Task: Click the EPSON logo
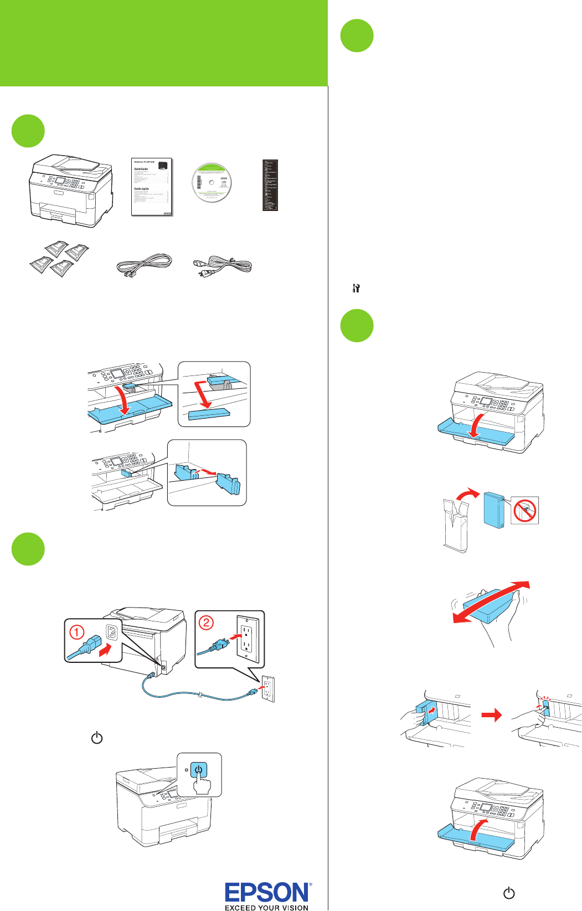pyautogui.click(x=267, y=892)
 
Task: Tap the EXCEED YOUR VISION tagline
pyautogui.click(x=266, y=907)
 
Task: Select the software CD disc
pyautogui.click(x=212, y=183)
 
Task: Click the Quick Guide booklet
pyautogui.click(x=152, y=187)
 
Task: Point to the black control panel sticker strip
pyautogui.click(x=270, y=185)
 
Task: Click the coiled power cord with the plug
pyautogui.click(x=222, y=265)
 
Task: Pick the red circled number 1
pyautogui.click(x=76, y=632)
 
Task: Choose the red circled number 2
pyautogui.click(x=206, y=622)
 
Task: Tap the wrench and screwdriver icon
pyautogui.click(x=356, y=288)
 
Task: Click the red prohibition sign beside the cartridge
pyautogui.click(x=524, y=510)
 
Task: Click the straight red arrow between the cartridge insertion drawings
pyautogui.click(x=492, y=716)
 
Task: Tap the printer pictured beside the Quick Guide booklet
pyautogui.click(x=71, y=191)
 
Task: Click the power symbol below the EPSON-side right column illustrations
pyautogui.click(x=509, y=893)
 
